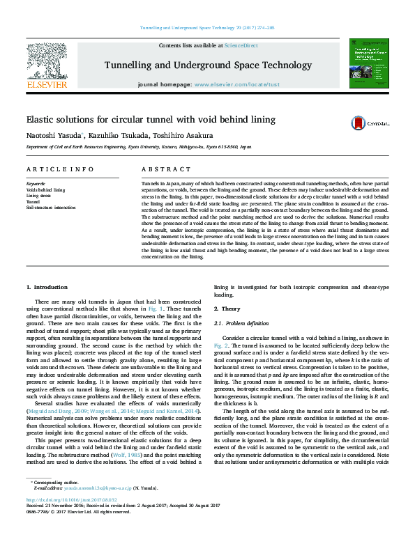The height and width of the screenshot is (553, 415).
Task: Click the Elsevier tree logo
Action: tap(46, 61)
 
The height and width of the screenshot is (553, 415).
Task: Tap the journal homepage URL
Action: tap(236, 84)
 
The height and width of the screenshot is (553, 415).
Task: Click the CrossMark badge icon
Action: tap(370, 123)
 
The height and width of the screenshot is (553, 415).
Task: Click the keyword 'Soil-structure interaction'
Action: tap(50, 207)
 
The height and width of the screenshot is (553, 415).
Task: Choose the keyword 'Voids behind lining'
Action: tap(45, 189)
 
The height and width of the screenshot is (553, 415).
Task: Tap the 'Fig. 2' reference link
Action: tap(220, 345)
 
